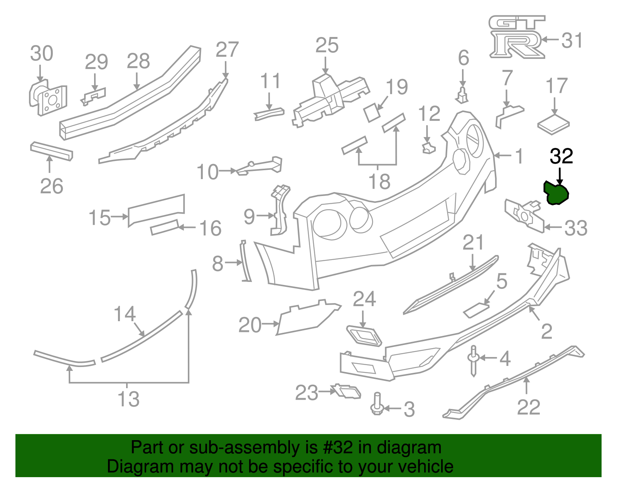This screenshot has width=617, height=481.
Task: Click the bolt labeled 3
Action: [x=377, y=404]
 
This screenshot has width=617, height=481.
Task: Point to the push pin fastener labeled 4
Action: [x=474, y=360]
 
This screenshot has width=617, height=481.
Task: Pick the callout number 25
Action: [x=327, y=45]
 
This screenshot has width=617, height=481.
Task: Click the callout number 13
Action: [x=128, y=399]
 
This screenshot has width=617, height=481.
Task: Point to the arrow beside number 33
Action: [x=553, y=227]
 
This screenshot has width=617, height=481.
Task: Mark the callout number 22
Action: [x=528, y=407]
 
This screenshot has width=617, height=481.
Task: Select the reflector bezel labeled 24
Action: [x=364, y=335]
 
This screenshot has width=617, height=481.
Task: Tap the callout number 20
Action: [x=250, y=325]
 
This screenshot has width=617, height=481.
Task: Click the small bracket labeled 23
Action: [x=347, y=391]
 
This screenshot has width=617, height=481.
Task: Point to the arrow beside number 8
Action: [x=233, y=263]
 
